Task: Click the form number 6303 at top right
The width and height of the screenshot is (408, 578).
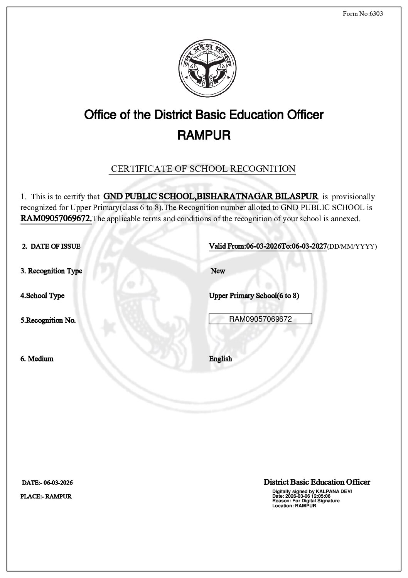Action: tap(363, 14)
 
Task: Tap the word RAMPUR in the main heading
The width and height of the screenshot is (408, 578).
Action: tap(204, 136)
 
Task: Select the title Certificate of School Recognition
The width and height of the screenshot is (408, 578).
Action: tap(203, 169)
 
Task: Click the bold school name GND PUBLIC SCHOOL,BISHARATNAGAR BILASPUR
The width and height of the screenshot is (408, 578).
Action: tap(211, 196)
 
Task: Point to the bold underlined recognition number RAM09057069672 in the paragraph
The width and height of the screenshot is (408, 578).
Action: tap(56, 219)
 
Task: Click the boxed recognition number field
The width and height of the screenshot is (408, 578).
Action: tap(260, 319)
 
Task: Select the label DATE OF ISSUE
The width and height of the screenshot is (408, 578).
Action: tap(55, 246)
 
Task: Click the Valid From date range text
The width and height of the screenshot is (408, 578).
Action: tap(268, 246)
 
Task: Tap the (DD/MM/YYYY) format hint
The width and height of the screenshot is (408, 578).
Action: tap(352, 247)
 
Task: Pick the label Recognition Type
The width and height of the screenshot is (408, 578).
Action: tap(51, 271)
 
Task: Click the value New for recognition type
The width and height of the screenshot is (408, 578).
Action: tap(218, 271)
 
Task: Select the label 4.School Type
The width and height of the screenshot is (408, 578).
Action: tap(42, 296)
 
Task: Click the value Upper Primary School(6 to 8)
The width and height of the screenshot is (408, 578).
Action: tap(254, 296)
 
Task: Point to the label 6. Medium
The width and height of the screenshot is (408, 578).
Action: tap(37, 359)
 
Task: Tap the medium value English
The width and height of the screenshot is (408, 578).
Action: tap(221, 359)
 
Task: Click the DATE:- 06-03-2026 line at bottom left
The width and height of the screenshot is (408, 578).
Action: tap(47, 483)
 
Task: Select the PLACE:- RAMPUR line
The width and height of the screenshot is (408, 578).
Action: tap(46, 497)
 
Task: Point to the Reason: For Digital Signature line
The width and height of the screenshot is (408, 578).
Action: tap(306, 501)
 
